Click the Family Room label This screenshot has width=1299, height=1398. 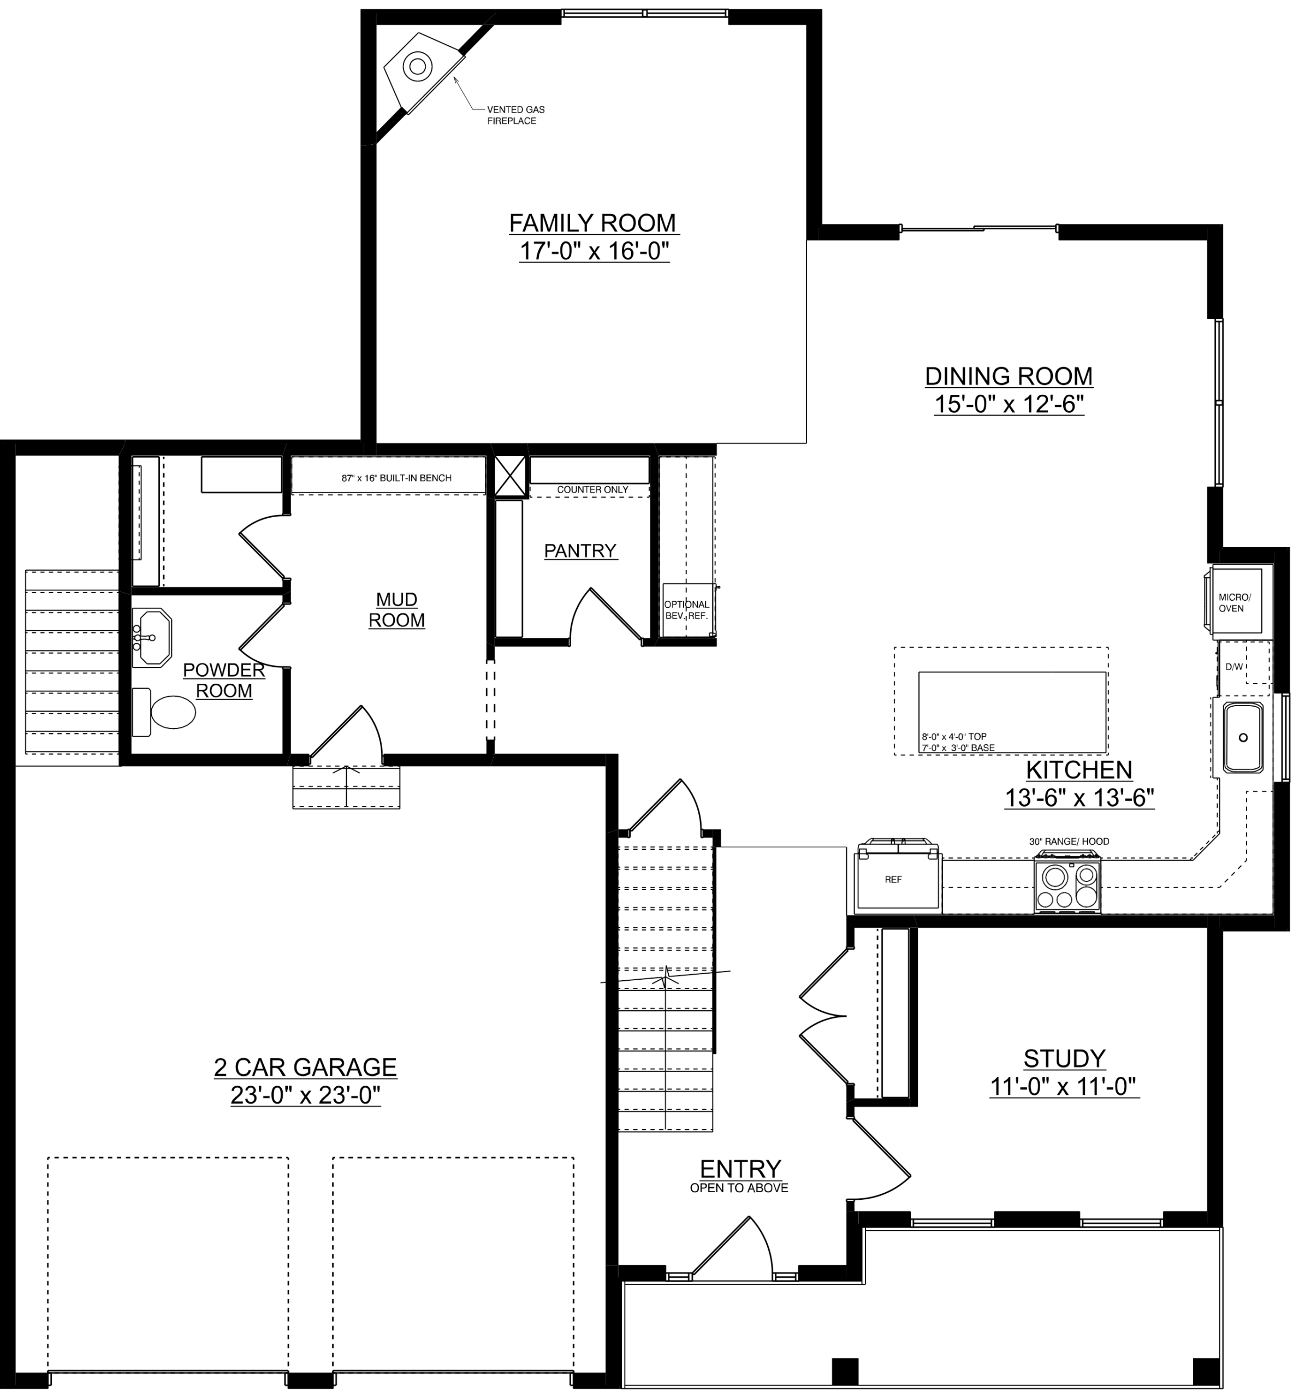tap(592, 223)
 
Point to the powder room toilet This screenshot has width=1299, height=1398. tap(164, 712)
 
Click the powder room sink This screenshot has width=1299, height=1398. tap(152, 637)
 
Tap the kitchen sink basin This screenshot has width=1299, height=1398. tap(1243, 737)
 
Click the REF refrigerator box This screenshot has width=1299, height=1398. tap(898, 879)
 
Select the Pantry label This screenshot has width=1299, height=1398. tap(580, 550)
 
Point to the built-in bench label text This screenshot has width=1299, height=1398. tap(396, 478)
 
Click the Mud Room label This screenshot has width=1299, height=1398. tap(397, 609)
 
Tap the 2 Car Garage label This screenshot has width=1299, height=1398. tap(305, 1067)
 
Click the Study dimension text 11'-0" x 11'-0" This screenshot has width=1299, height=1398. tap(1064, 1087)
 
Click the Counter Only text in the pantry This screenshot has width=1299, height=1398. tap(592, 489)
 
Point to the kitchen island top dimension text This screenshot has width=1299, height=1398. tap(954, 737)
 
